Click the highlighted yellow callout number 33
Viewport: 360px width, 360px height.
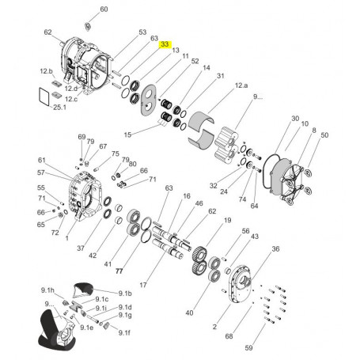[x=165, y=44]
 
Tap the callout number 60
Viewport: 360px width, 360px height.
[x=104, y=9]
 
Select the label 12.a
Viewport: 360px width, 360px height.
[x=241, y=85]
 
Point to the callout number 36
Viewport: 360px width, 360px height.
[x=275, y=248]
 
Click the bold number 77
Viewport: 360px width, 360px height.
[x=119, y=271]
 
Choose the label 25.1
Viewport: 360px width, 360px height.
[x=60, y=108]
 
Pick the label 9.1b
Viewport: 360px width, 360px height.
[x=125, y=294]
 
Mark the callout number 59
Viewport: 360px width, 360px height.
[x=248, y=347]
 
